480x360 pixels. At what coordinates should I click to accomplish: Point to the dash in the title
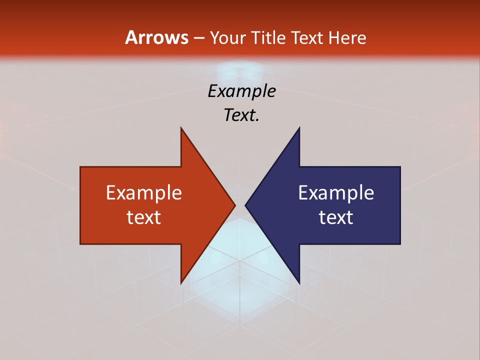click(x=198, y=38)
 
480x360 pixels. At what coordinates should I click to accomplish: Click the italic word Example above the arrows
click(x=242, y=91)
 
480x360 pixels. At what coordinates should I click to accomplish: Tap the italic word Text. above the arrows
click(x=241, y=115)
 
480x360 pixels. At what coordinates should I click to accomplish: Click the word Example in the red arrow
click(x=144, y=192)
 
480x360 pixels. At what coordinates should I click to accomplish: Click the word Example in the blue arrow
click(x=336, y=192)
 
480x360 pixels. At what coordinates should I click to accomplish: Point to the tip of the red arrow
click(x=235, y=205)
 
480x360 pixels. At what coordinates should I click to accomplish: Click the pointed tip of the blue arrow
click(x=245, y=205)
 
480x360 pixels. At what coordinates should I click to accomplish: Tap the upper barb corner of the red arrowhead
click(x=181, y=128)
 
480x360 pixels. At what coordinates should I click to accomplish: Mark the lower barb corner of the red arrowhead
click(x=181, y=283)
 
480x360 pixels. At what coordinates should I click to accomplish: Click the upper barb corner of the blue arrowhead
click(x=299, y=128)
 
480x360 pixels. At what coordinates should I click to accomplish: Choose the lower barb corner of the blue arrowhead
click(x=299, y=283)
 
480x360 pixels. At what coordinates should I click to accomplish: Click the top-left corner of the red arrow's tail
click(x=80, y=167)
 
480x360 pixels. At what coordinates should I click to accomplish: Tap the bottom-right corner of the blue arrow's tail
click(x=400, y=244)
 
